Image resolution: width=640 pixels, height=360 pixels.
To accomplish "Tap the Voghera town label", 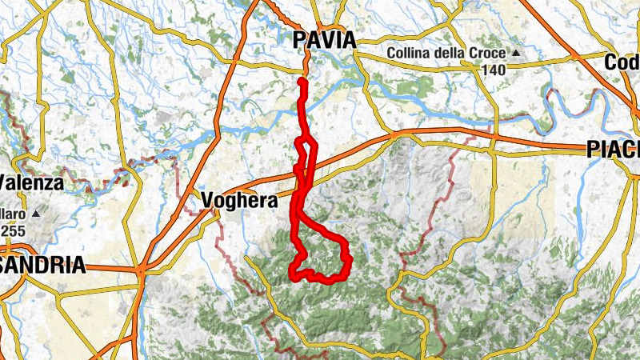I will [239, 200].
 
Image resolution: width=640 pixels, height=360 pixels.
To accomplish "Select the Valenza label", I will [31, 182].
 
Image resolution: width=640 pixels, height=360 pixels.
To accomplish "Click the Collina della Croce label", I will [446, 54].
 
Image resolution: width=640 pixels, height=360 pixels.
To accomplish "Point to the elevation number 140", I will [493, 70].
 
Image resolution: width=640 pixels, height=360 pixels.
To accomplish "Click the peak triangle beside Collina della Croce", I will [516, 54].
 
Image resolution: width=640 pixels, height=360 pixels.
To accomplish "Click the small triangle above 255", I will [35, 214].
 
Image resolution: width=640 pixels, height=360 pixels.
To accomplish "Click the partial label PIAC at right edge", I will [613, 150].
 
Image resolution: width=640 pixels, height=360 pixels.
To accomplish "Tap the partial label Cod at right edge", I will [622, 62].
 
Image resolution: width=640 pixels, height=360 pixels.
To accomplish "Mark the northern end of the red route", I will [302, 81].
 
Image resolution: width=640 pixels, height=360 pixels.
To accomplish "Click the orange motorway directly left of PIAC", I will [560, 148].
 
